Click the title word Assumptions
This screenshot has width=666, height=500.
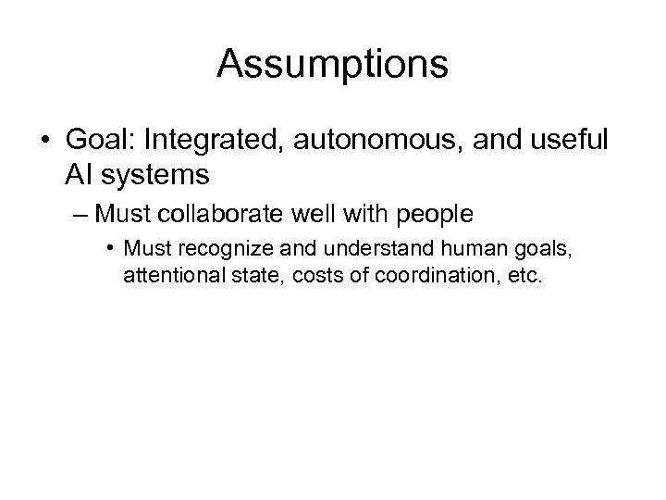[333, 65]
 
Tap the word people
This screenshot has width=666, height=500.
[436, 215]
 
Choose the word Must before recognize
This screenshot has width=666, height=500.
[142, 250]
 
